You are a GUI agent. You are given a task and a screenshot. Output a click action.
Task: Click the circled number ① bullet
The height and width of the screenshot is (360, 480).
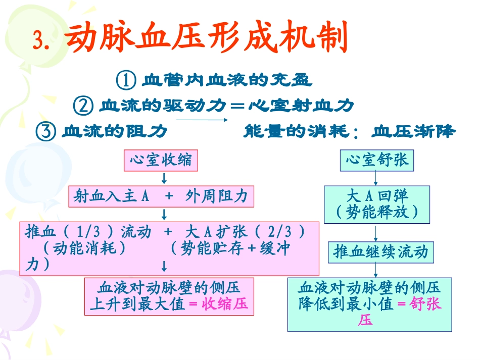click(x=126, y=80)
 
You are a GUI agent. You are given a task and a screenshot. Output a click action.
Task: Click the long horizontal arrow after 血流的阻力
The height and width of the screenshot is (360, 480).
click(x=201, y=120)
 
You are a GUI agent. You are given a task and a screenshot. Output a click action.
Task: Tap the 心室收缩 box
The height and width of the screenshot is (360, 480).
click(x=161, y=161)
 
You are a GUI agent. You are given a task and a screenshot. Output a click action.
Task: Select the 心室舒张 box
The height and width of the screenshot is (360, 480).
click(x=377, y=161)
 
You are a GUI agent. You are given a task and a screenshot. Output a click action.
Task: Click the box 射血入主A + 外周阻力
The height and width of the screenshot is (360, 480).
click(x=161, y=196)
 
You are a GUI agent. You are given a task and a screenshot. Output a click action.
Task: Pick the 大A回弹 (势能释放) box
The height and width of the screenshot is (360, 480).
click(x=377, y=204)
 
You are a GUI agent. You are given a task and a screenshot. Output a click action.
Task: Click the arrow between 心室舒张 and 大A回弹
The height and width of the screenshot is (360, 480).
click(x=376, y=178)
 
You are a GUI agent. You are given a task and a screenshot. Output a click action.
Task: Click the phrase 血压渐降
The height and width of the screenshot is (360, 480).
click(x=413, y=132)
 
